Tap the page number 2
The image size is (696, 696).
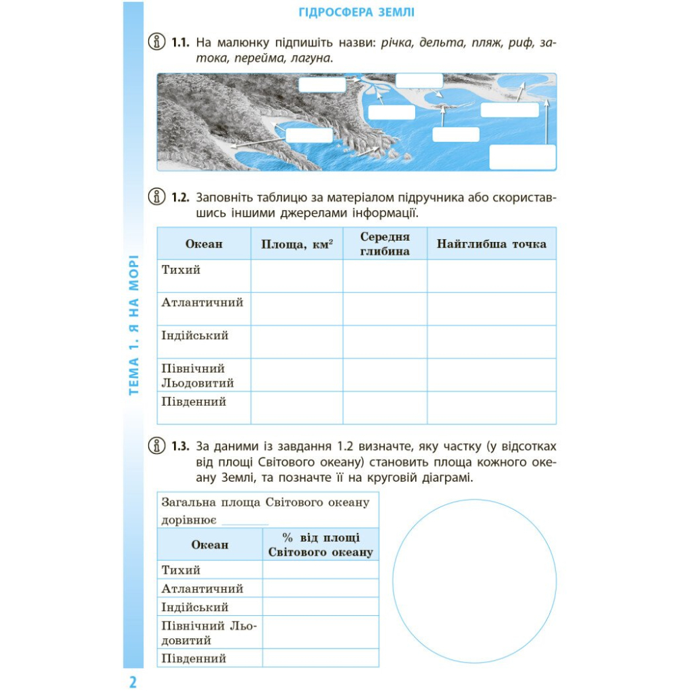click(x=133, y=682)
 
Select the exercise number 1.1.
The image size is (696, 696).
click(x=179, y=43)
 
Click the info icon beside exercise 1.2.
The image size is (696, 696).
click(x=157, y=198)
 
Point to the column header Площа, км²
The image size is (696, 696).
click(x=297, y=244)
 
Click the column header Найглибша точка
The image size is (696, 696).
click(x=491, y=244)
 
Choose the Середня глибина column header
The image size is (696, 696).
click(x=385, y=244)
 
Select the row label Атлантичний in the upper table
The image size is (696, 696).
click(x=202, y=302)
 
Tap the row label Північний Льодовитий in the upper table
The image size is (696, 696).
click(x=197, y=375)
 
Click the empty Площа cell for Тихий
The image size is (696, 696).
click(x=297, y=276)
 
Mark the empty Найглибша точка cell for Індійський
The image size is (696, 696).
click(x=491, y=341)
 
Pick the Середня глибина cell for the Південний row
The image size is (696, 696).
click(x=385, y=407)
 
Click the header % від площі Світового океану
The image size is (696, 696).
click(x=320, y=545)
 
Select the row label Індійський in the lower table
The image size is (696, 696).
click(x=194, y=607)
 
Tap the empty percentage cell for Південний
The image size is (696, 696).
click(x=320, y=658)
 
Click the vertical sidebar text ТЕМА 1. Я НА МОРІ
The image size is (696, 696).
click(x=133, y=325)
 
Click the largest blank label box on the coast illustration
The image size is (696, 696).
click(x=522, y=157)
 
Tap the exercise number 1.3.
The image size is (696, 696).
click(x=179, y=447)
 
